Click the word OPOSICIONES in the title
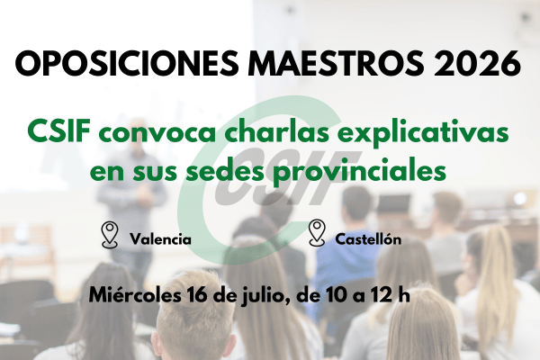coord(126,63)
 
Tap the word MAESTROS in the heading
coord(336,63)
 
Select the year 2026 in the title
coord(477,63)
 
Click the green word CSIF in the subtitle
coord(59,131)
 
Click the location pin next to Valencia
coord(110,235)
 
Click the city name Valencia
coord(160,238)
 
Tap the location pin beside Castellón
coord(317,233)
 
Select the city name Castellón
coord(368,238)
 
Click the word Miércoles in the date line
coord(135,295)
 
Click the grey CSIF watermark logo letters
coord(289,178)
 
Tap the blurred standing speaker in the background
coord(133,196)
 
